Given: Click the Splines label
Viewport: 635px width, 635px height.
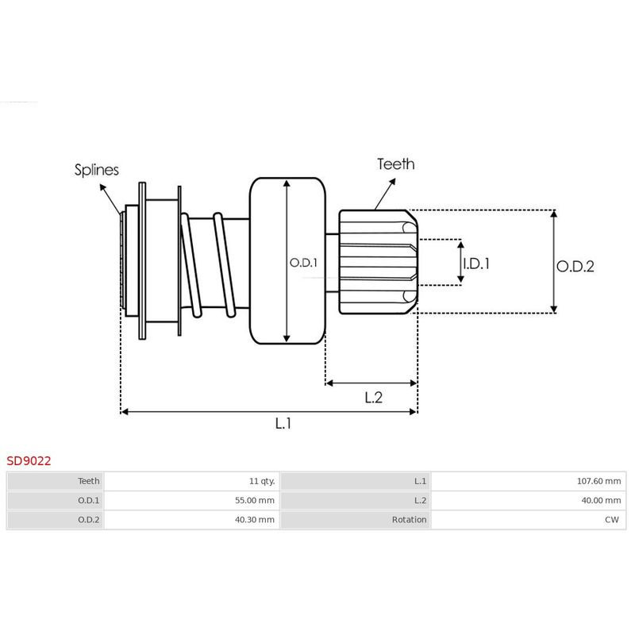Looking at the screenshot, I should (x=97, y=169).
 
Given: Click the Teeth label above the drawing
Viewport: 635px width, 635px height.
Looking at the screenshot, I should (x=395, y=164).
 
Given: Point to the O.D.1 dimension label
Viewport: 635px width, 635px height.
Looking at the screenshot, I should (x=303, y=262).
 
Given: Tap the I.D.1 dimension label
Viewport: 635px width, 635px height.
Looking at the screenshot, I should (x=476, y=264).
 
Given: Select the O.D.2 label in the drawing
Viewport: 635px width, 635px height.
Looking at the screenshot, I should (x=575, y=267).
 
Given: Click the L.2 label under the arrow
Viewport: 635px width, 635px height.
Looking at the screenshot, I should (x=373, y=398).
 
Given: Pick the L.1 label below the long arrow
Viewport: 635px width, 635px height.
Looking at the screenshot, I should (x=283, y=424).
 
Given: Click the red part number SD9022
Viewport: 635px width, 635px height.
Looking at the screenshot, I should (x=29, y=460).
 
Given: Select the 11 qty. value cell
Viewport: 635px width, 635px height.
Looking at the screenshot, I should (x=261, y=481).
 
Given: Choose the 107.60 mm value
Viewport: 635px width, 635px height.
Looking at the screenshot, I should (x=599, y=481).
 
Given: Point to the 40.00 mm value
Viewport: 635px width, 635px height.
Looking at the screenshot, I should (x=602, y=500).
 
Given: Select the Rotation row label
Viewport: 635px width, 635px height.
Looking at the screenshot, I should (x=410, y=520).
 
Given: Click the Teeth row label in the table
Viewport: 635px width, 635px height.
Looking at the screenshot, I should (x=89, y=481).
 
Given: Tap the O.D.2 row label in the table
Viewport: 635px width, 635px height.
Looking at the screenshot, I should (x=89, y=520).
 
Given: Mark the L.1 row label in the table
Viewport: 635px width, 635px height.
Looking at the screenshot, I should (x=421, y=481).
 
